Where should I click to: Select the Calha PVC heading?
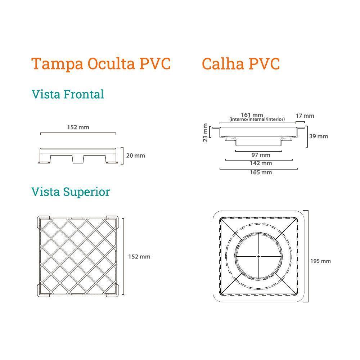point(240,64)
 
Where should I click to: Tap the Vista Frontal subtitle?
point(68,94)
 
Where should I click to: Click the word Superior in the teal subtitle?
point(86,192)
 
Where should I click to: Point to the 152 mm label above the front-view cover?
point(78,127)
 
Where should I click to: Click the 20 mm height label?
point(135,156)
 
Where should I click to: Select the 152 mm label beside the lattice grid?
point(139,257)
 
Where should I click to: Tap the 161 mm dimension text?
point(252,115)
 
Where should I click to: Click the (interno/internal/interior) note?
point(257,119)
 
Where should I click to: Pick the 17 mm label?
point(305,116)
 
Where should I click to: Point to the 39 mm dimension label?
point(319,136)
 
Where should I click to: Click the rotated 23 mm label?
point(205,132)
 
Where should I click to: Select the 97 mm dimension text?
point(261,155)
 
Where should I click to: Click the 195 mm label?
point(320,261)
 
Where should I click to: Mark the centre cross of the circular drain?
point(258,256)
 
